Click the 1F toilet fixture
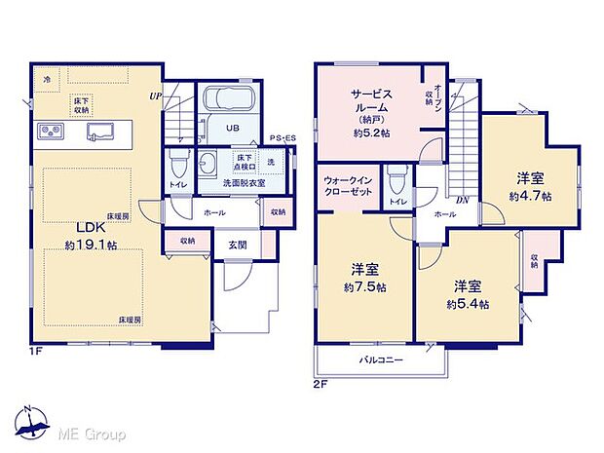177,162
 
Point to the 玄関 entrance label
238,245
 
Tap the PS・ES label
284,139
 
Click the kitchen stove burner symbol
51,132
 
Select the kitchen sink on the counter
101,131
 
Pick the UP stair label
155,95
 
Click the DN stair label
464,201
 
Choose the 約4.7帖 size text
529,196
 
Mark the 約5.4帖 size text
469,305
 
